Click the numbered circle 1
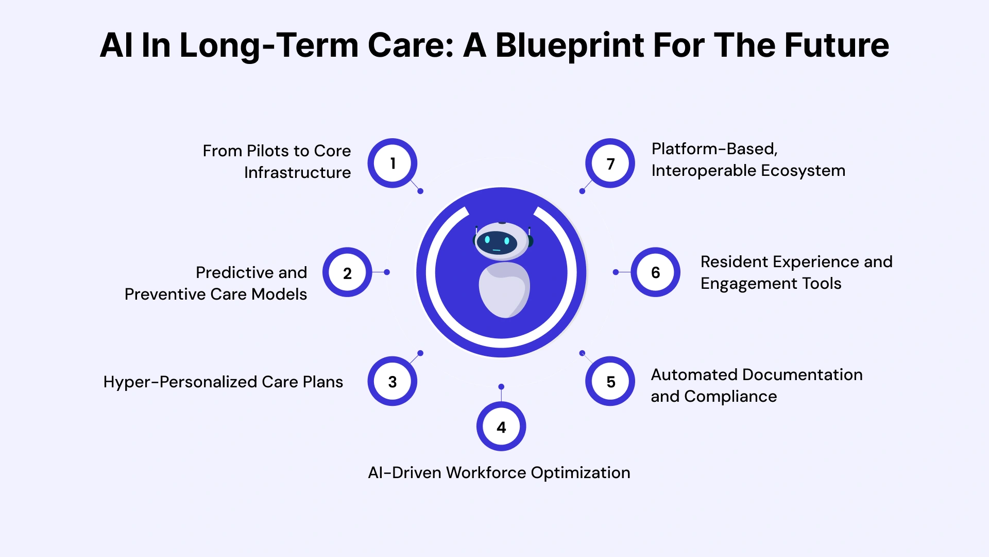(393, 163)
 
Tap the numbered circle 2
(347, 273)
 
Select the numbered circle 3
(393, 382)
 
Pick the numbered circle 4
(501, 427)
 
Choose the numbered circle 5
(610, 382)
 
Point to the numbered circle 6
(655, 272)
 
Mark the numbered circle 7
(610, 163)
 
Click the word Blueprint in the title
(569, 45)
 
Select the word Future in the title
(837, 45)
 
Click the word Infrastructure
(297, 173)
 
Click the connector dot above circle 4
(501, 387)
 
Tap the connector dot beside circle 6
(616, 272)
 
